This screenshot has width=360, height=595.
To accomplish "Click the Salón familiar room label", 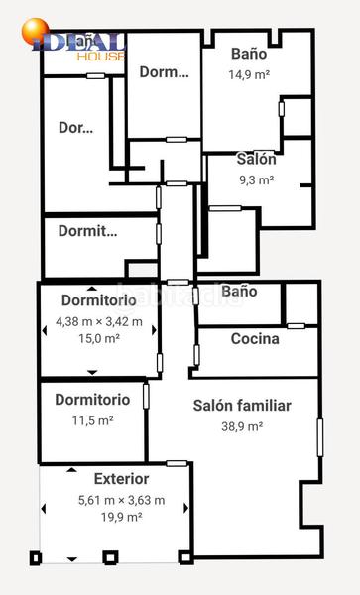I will point(241,406).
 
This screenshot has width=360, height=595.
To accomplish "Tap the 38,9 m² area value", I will point(241,426).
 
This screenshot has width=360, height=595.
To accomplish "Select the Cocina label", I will point(255,339).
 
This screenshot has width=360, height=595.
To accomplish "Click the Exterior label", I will point(121,479).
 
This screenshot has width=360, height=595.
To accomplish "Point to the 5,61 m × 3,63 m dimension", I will point(121,500).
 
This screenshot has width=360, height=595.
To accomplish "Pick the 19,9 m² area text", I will point(121,517).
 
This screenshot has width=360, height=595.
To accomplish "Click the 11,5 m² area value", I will point(92,420).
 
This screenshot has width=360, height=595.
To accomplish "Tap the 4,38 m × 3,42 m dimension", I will point(99,321).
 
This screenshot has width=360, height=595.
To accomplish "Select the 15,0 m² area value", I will point(99,338).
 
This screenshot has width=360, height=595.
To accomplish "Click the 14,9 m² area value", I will point(249,74).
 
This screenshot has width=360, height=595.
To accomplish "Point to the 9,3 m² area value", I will point(256,180).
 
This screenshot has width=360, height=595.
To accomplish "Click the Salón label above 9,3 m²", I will point(256,159).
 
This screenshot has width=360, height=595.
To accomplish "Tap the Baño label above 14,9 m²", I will point(249,54).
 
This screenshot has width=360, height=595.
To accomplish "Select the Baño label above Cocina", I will point(239,292).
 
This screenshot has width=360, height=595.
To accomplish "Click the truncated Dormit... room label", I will point(87,232).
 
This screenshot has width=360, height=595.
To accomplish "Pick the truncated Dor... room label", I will point(76,128).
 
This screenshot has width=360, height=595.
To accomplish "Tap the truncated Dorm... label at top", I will point(164,72).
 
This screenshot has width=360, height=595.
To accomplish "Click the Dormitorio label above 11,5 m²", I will point(92,400).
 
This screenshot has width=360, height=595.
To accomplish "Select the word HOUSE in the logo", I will point(106,57).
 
